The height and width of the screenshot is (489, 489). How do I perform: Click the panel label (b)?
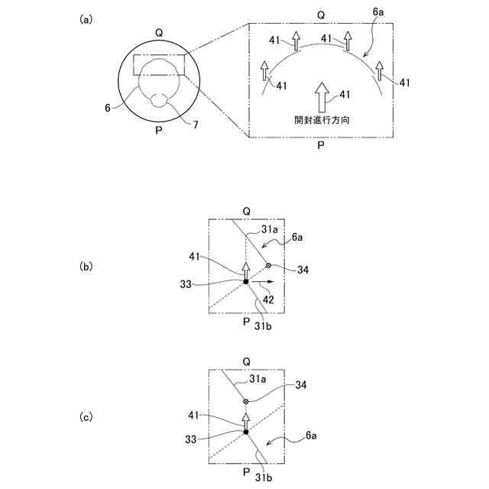(x=86, y=267)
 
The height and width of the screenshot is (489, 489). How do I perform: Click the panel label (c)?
(x=86, y=416)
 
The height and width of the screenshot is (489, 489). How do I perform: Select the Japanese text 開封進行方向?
(x=322, y=120)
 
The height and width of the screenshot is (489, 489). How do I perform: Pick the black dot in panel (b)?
(x=246, y=282)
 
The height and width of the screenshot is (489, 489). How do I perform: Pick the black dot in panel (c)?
(x=246, y=432)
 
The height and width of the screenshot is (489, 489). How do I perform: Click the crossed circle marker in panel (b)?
(x=268, y=266)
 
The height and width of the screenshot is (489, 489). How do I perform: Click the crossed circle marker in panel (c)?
(x=246, y=401)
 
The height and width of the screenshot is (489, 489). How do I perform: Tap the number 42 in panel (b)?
(x=268, y=300)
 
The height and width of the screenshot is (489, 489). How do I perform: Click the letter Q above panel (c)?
(x=246, y=360)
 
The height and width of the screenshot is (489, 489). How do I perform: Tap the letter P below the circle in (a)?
(x=158, y=130)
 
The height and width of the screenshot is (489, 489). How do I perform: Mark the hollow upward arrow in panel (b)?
(x=246, y=269)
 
